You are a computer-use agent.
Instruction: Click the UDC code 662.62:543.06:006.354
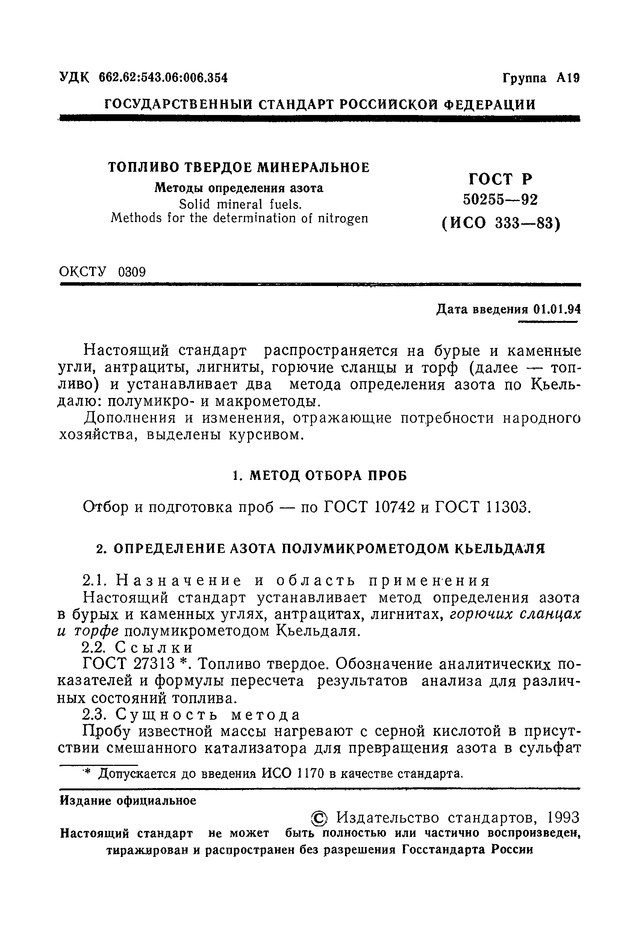(163, 77)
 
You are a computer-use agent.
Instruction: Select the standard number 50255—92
(500, 199)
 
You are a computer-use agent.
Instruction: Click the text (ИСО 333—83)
(500, 223)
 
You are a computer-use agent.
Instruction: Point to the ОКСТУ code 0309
(132, 272)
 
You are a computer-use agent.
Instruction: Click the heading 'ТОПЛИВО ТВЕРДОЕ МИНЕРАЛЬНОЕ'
(239, 167)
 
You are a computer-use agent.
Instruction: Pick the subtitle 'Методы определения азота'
(239, 188)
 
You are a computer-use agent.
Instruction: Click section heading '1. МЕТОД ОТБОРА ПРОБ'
(320, 476)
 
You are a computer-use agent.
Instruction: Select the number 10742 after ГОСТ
(394, 508)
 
